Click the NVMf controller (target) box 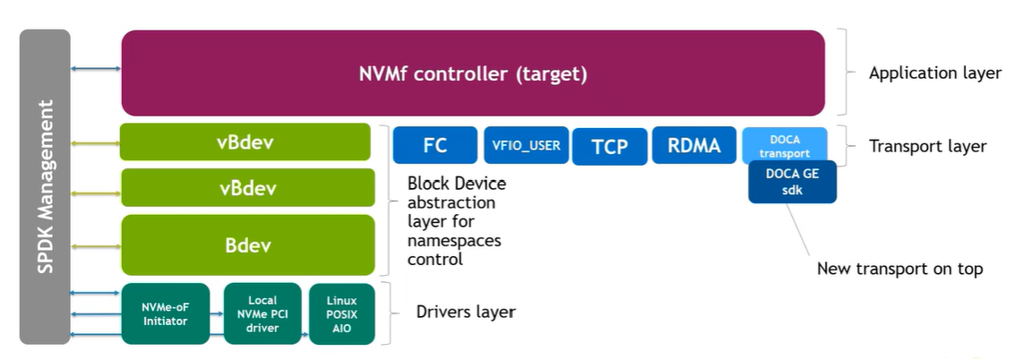tap(473, 73)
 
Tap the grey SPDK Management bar tap(45, 186)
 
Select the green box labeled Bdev tap(247, 244)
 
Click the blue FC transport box tap(434, 145)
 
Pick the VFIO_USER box tap(527, 145)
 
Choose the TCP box tap(610, 146)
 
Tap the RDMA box tap(693, 145)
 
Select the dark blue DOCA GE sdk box tap(792, 183)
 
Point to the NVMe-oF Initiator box tap(165, 313)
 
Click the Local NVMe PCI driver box tap(262, 313)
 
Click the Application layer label tap(934, 73)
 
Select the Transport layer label tap(927, 146)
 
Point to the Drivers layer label tap(466, 313)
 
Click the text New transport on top tap(899, 269)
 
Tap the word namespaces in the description tap(454, 241)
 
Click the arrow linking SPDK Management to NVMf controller tap(96, 69)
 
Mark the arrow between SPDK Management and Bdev tap(96, 244)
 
